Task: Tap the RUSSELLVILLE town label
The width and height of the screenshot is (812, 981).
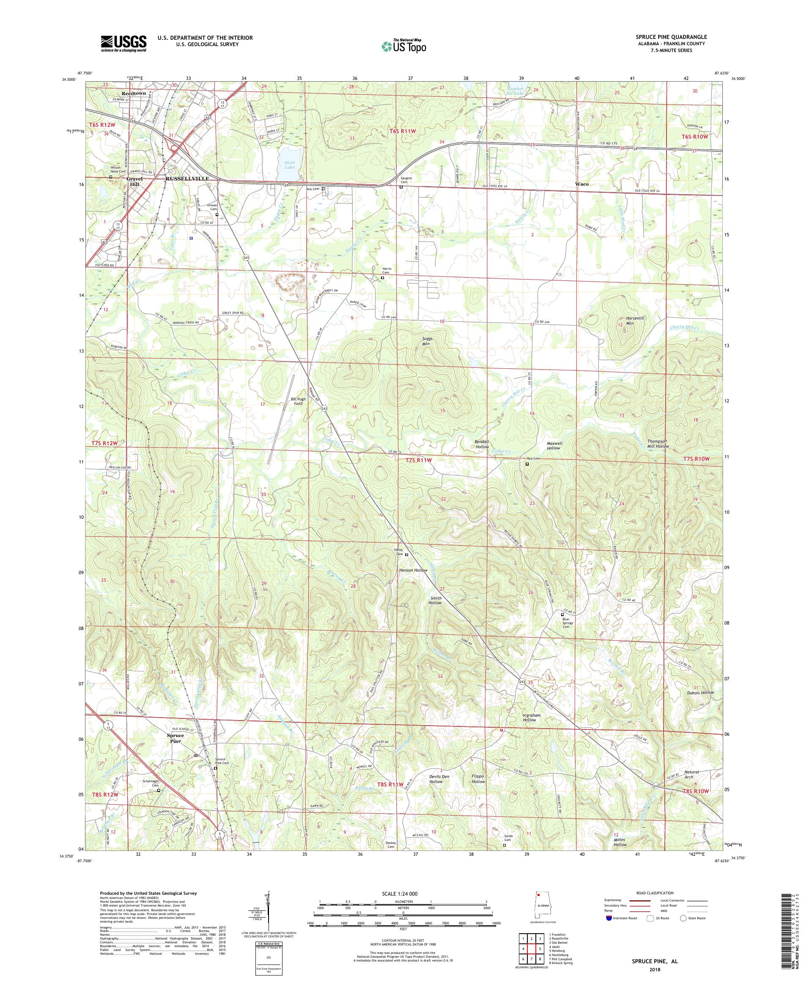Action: coord(187,179)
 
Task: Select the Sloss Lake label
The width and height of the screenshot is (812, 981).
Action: coord(290,164)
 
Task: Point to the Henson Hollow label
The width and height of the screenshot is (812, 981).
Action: coord(413,570)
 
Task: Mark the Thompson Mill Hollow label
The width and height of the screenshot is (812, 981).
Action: coord(658,443)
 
